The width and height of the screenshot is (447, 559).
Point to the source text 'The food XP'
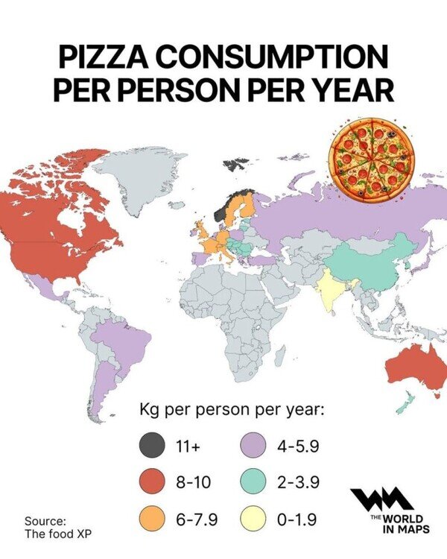(59, 533)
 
